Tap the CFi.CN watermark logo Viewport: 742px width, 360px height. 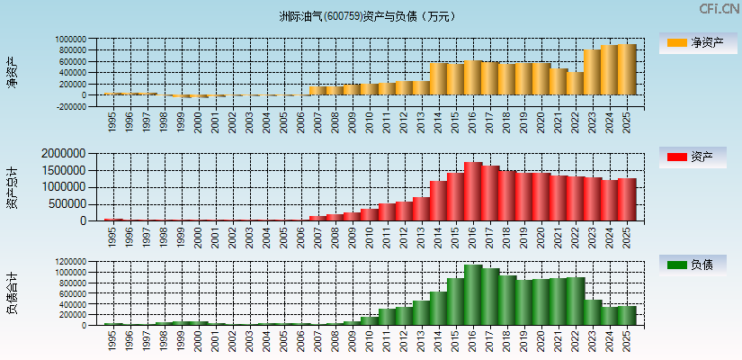click(719, 9)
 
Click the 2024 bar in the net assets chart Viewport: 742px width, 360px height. click(609, 70)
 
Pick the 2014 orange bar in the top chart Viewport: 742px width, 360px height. click(438, 78)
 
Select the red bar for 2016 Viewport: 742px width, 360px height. click(472, 192)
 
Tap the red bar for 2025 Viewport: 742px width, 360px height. click(626, 200)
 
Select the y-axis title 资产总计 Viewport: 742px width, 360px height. click(12, 188)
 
